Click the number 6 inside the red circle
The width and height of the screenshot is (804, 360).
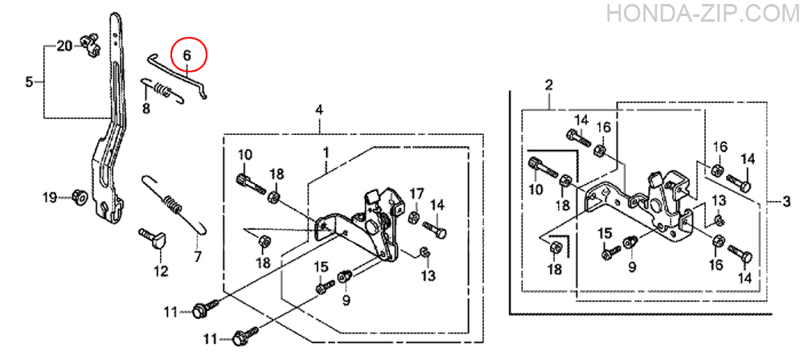coord(187,55)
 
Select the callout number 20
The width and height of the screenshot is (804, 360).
coord(64,47)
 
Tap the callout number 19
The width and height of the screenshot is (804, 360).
coord(50,198)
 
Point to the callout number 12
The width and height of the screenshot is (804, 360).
coord(161,271)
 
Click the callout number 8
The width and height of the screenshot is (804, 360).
coord(146,108)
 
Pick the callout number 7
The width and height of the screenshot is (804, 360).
coord(198,256)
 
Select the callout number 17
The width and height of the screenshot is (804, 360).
coord(416,194)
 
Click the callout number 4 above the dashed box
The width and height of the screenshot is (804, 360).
coord(319,110)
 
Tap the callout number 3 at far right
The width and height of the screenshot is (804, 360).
coord(787,202)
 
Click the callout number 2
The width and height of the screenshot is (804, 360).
coord(548,85)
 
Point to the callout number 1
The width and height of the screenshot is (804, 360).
coord(326,153)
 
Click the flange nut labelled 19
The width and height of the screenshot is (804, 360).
coord(80,195)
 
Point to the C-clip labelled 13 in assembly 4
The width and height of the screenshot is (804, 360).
coord(424,252)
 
